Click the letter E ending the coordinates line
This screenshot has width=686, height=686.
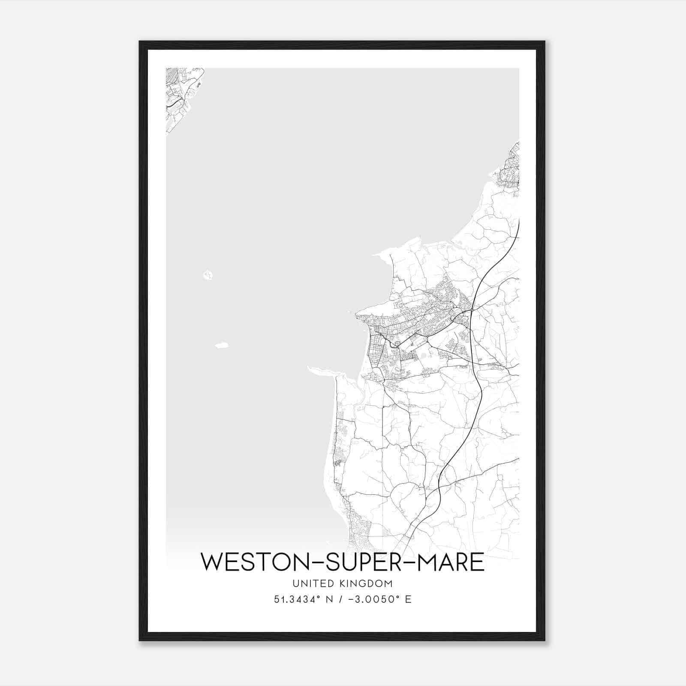tap(408, 599)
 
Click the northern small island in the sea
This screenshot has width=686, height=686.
tap(208, 274)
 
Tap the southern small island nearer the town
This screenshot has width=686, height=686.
tap(222, 345)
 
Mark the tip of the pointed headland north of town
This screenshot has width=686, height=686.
tap(374, 254)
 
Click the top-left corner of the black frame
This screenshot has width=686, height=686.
tap(140, 42)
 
